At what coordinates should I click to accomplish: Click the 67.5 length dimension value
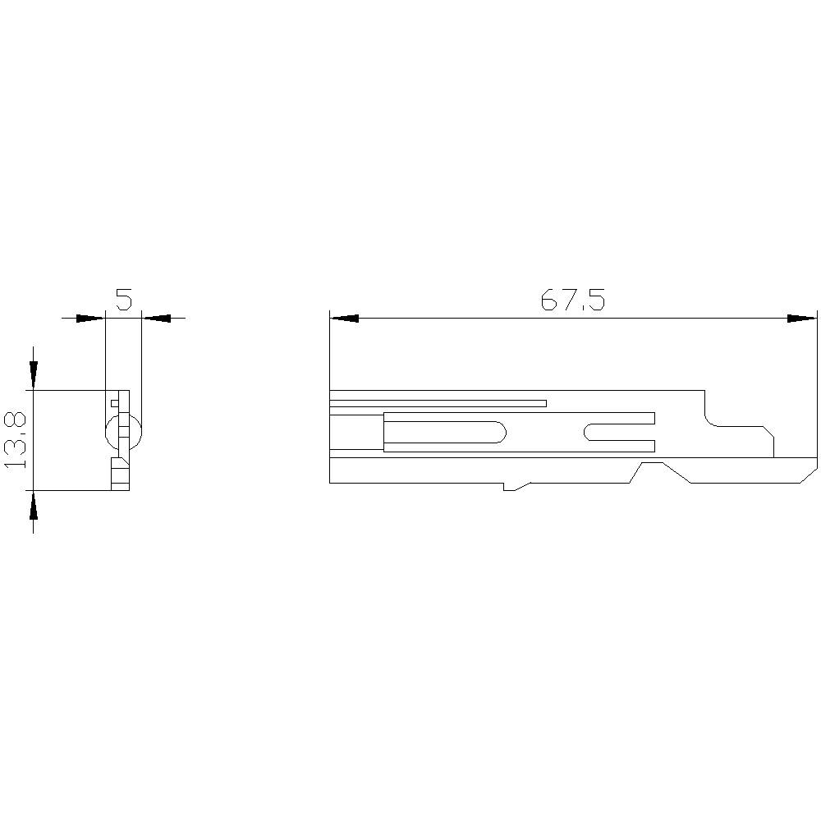pyautogui.click(x=572, y=301)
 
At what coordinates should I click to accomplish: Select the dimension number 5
pyautogui.click(x=123, y=300)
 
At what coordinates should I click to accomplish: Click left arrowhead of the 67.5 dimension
pyautogui.click(x=344, y=318)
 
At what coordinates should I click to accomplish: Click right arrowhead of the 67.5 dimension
pyautogui.click(x=802, y=318)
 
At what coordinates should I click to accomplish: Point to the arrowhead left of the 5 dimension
pyautogui.click(x=90, y=318)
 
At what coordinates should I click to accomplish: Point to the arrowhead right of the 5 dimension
pyautogui.click(x=156, y=318)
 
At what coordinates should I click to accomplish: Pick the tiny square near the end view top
pyautogui.click(x=115, y=402)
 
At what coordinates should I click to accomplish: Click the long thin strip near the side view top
pyautogui.click(x=438, y=403)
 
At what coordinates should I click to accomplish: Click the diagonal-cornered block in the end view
pyautogui.click(x=120, y=472)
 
